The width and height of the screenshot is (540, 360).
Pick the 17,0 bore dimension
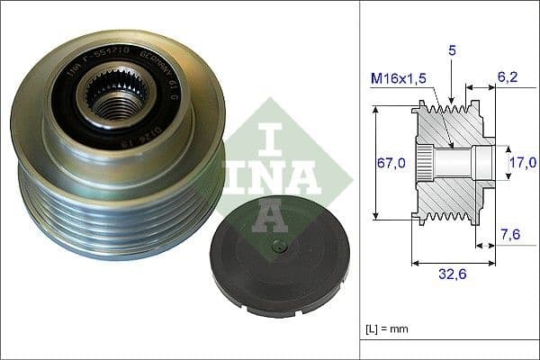pos(518,163)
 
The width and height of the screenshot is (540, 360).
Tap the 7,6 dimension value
pos(509,236)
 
